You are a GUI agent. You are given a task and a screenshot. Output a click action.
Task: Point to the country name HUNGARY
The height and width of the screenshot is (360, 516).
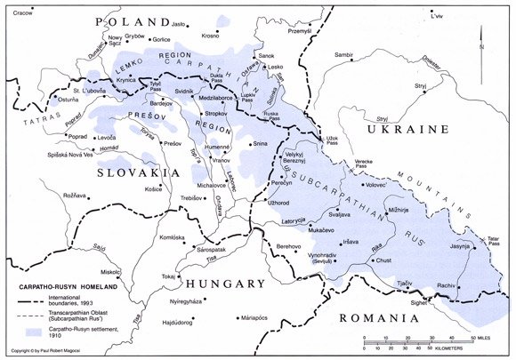click(x=226, y=284)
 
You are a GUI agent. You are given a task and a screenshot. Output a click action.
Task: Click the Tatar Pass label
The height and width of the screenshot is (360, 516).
click(x=494, y=238)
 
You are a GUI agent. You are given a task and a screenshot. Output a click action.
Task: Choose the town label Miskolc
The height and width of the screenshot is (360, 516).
click(x=110, y=271)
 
